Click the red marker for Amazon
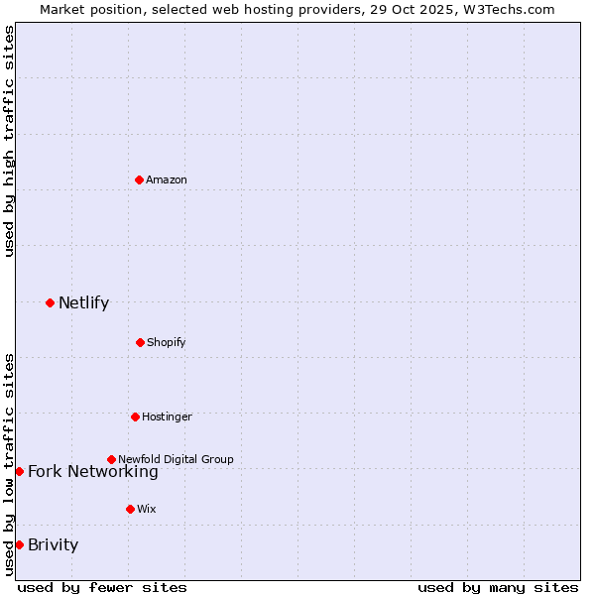click(139, 179)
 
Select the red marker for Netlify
click(50, 302)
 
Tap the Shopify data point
click(140, 342)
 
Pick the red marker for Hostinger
click(135, 416)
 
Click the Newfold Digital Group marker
click(111, 459)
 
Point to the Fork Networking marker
click(19, 471)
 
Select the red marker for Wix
click(130, 509)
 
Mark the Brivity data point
click(19, 544)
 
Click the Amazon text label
click(167, 179)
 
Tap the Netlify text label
click(83, 302)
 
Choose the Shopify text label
click(167, 342)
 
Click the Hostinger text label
click(167, 416)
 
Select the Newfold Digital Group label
click(176, 459)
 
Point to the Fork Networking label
click(92, 472)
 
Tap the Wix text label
click(147, 509)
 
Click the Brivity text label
click(53, 544)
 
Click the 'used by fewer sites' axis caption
click(102, 587)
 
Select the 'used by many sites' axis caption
click(498, 587)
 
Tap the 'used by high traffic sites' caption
click(9, 141)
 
